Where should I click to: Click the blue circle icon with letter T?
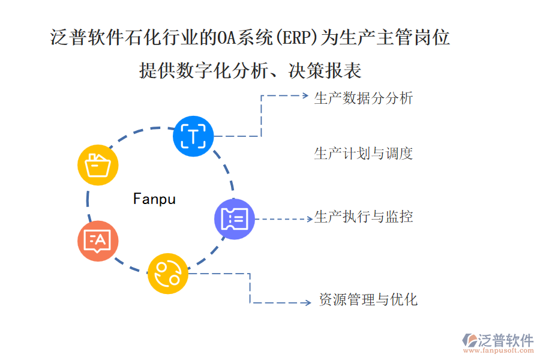click(x=193, y=136)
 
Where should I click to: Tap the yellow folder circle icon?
click(x=98, y=164)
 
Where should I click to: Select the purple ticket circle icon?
click(x=235, y=219)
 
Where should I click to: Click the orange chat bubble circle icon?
click(x=98, y=241)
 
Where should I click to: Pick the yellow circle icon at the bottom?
click(x=168, y=274)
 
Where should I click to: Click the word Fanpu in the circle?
click(x=154, y=199)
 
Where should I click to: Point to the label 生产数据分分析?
click(x=364, y=98)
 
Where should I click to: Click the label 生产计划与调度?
click(x=364, y=153)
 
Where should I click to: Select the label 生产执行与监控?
click(x=364, y=217)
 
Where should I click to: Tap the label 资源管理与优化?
click(x=368, y=299)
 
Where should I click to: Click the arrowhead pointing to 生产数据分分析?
click(x=305, y=95)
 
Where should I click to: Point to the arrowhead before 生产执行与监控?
click(x=308, y=219)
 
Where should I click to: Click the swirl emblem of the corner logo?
click(x=469, y=340)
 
